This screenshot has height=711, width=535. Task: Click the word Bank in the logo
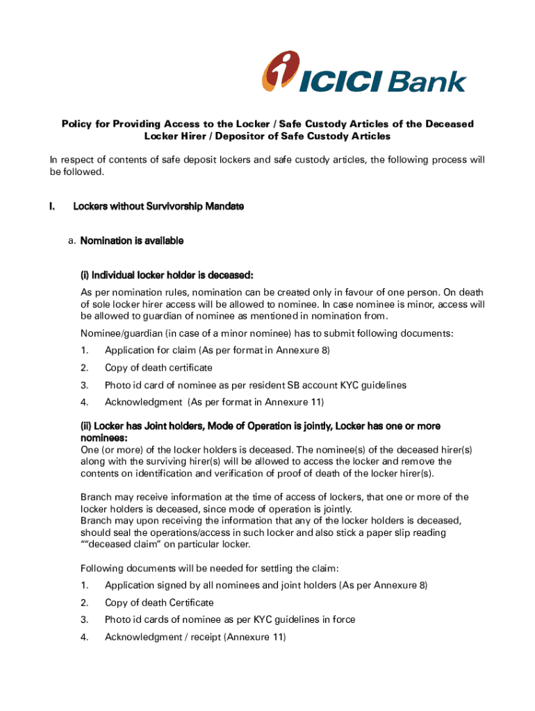pyautogui.click(x=426, y=83)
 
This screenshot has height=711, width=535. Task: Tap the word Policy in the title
pyautogui.click(x=77, y=124)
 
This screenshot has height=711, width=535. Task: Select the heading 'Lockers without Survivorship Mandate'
pyautogui.click(x=158, y=207)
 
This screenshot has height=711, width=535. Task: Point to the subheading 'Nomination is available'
pyautogui.click(x=132, y=241)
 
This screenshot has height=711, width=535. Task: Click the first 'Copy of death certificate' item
pyautogui.click(x=158, y=368)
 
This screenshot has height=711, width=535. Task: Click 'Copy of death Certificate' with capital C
pyautogui.click(x=159, y=603)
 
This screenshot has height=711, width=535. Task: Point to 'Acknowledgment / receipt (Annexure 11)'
pyautogui.click(x=195, y=637)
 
